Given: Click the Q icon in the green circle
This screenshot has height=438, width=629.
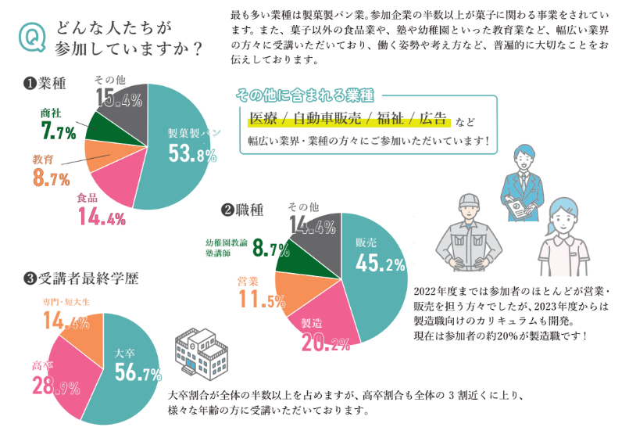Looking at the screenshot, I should pos(34,38).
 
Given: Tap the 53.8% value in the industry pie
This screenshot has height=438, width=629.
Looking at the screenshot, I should pos(192,154).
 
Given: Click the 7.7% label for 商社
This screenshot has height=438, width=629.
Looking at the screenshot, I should pos(58,130).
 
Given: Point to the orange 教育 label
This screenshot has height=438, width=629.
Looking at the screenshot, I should pos(43,160).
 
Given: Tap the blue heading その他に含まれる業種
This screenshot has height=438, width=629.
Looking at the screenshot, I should pos(305,96).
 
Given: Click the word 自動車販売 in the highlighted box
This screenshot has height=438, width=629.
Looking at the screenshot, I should pos(327,120).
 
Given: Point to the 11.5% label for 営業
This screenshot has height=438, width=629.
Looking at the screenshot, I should pos(262,299).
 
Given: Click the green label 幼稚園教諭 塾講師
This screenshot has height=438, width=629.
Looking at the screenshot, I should pos(227,248).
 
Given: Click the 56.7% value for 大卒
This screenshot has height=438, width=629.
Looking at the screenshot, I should pos(138,372).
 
